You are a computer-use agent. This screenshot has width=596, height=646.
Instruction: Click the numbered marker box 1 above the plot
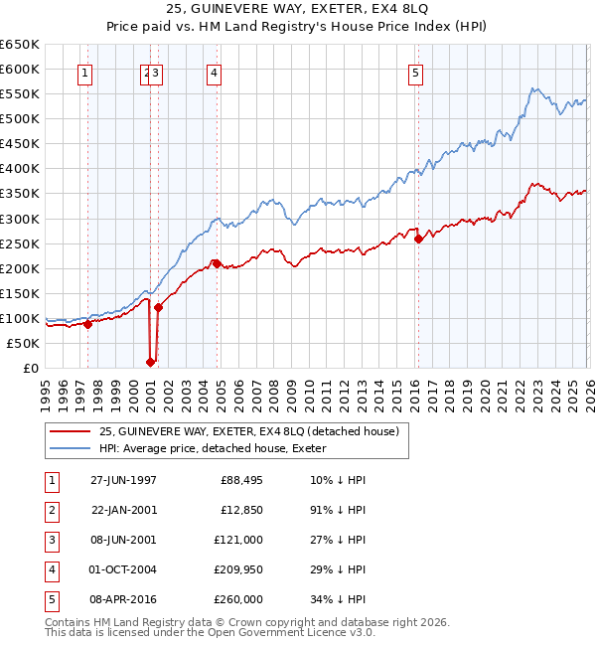click(x=86, y=72)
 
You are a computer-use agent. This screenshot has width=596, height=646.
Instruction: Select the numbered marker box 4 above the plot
click(x=215, y=72)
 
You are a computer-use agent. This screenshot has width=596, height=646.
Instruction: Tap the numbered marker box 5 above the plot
click(x=415, y=72)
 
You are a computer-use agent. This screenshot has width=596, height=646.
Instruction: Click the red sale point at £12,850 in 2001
click(x=151, y=362)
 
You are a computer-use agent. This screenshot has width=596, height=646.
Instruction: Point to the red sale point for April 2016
click(x=418, y=239)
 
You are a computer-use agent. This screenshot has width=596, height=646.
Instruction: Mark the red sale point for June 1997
click(x=87, y=324)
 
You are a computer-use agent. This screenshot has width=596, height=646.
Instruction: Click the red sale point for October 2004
click(x=216, y=263)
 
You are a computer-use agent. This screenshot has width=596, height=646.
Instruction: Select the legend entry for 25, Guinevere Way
click(x=248, y=431)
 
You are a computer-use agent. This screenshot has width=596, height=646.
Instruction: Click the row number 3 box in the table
click(x=52, y=540)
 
